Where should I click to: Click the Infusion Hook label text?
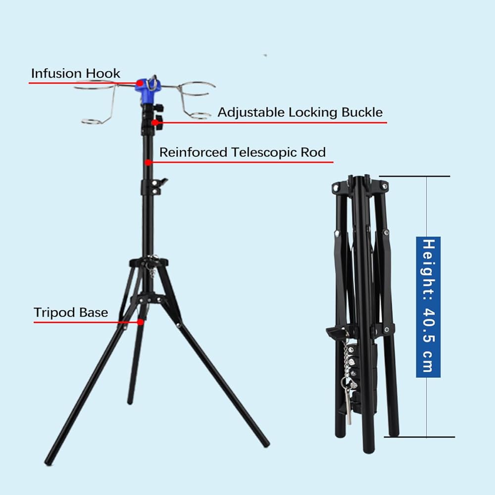(x=75, y=74)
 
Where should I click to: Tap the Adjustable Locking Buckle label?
(x=300, y=112)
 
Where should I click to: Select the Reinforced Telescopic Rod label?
(x=243, y=152)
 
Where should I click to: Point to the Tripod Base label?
(x=71, y=313)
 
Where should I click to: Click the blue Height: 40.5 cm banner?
(x=428, y=307)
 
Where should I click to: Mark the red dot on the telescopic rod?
(x=148, y=162)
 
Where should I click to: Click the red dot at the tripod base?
(x=141, y=322)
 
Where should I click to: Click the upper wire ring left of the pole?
(x=94, y=88)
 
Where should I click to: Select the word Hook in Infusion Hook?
(x=103, y=74)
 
